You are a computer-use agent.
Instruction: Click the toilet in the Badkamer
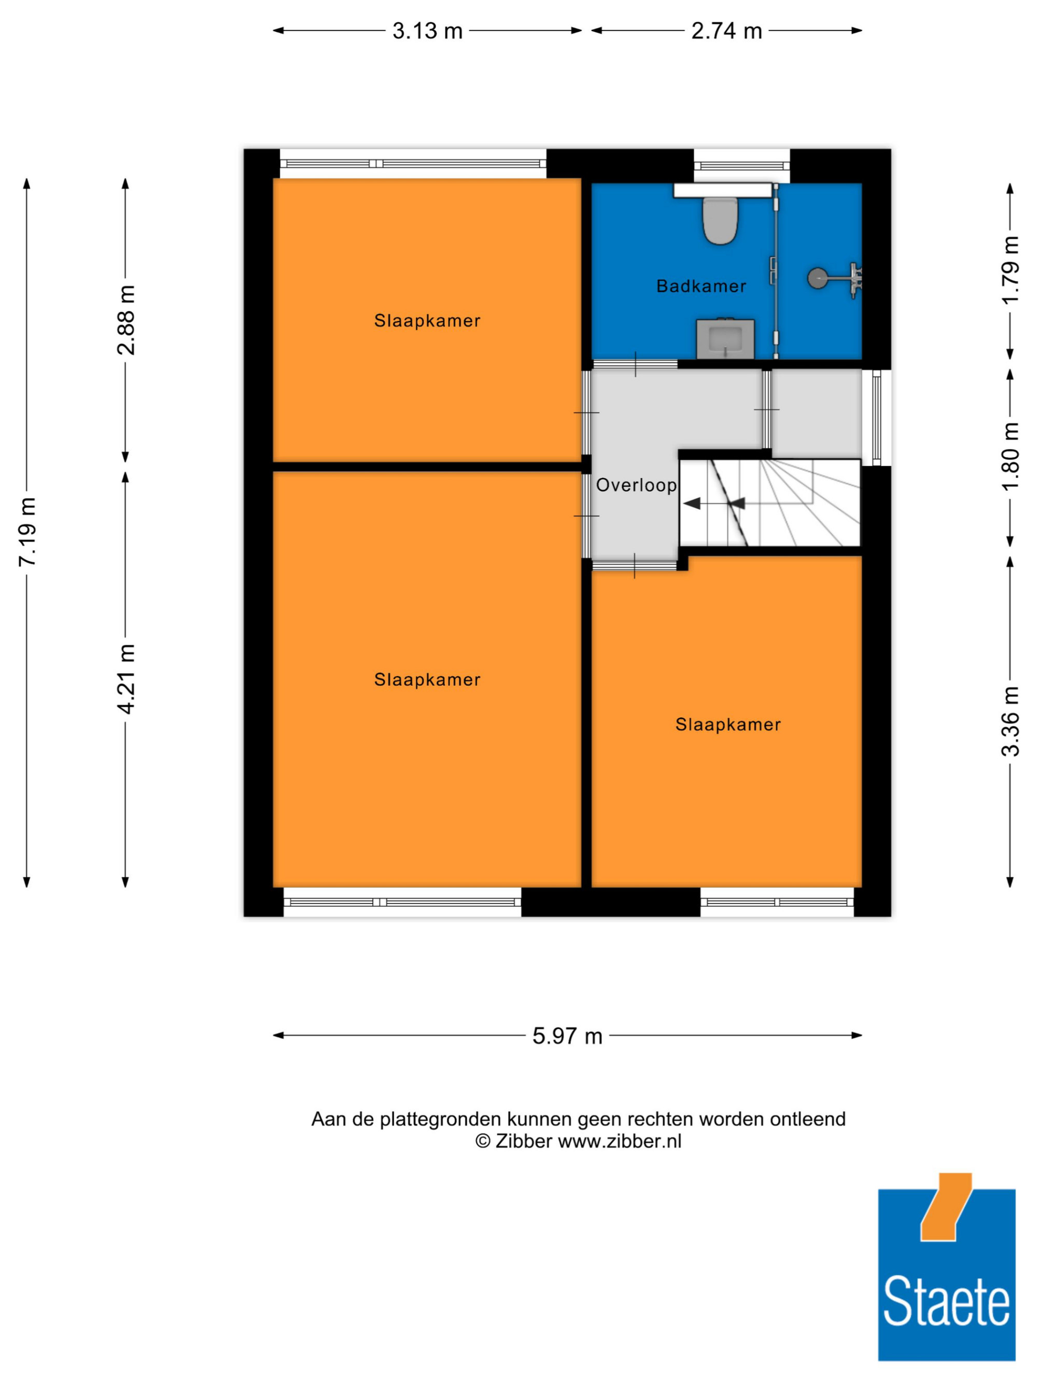coord(720,220)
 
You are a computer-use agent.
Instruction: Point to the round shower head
coord(816,278)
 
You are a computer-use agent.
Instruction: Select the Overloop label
coord(636,485)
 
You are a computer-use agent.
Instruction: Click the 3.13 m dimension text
coord(428,31)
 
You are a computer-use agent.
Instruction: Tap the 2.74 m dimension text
coord(726,31)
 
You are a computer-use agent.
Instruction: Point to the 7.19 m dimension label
coord(27,532)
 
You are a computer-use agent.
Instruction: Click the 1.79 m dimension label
coord(1010,270)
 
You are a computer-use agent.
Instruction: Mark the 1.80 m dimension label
coord(1010,457)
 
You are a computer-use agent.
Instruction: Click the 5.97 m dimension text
coord(567,1036)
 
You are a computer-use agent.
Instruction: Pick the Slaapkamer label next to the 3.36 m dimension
coord(727,725)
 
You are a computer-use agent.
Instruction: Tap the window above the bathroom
coord(741,166)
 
